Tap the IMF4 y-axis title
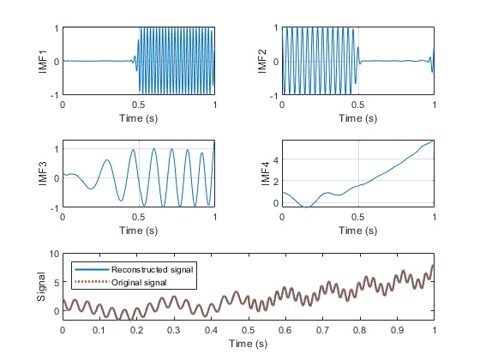(266, 173)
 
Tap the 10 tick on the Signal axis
(52, 255)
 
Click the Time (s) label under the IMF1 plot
(138, 118)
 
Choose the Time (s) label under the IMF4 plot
(357, 230)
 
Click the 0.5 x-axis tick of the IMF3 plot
(138, 218)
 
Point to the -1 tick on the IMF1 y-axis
(54, 95)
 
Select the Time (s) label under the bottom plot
(249, 343)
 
